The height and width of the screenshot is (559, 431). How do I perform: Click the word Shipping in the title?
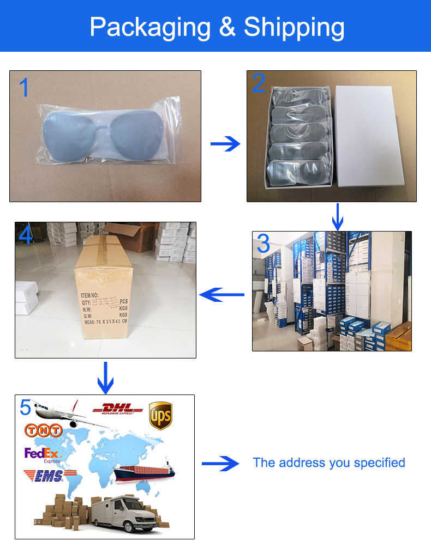294,27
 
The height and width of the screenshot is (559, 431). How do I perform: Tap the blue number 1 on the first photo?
25,88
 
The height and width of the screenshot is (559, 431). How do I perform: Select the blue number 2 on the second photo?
259,83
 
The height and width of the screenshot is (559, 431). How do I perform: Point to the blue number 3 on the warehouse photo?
264,245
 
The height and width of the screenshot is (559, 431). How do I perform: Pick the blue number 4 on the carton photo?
26,235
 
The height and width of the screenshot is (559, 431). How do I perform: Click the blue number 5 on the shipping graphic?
26,408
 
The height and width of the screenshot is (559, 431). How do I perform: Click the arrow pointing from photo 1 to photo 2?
225,144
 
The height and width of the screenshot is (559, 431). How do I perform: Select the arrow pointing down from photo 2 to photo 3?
338,216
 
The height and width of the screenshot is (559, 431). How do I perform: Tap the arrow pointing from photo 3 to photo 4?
222,295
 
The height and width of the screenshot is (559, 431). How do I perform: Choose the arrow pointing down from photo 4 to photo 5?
105,377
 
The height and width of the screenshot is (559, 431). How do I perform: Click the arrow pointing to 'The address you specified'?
220,464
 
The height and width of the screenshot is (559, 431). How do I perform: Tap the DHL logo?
118,409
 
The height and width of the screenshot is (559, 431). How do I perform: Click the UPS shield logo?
160,415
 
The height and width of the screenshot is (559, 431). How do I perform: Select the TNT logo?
44,430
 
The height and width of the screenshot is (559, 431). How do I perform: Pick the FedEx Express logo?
43,454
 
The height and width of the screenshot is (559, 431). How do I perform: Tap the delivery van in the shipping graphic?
124,513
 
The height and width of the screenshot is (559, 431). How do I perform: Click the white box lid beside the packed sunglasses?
370,136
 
